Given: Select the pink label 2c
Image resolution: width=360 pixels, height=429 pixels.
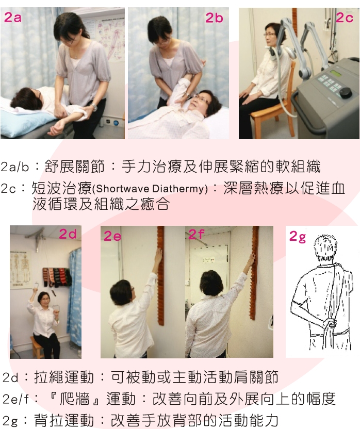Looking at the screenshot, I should pos(344,18).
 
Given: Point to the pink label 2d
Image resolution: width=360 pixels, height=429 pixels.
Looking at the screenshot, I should pos(67,234).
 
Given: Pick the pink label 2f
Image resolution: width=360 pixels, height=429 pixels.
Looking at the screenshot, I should pos(196,235).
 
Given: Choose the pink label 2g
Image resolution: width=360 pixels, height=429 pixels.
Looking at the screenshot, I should pos(297,237).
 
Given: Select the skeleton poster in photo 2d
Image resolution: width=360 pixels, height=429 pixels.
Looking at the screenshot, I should pos(21,271).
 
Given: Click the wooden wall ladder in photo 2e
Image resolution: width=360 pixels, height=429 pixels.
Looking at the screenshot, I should pos(160,278).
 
